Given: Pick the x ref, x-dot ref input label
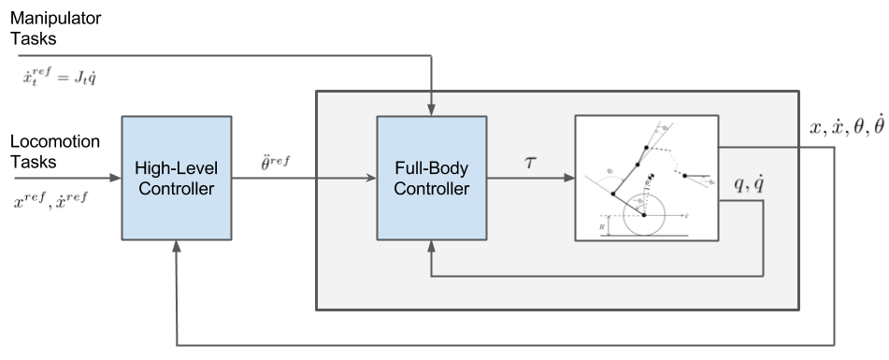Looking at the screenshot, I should [51, 197].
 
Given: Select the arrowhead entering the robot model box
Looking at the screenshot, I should [568, 176].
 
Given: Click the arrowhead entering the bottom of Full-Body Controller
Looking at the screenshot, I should [430, 244].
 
